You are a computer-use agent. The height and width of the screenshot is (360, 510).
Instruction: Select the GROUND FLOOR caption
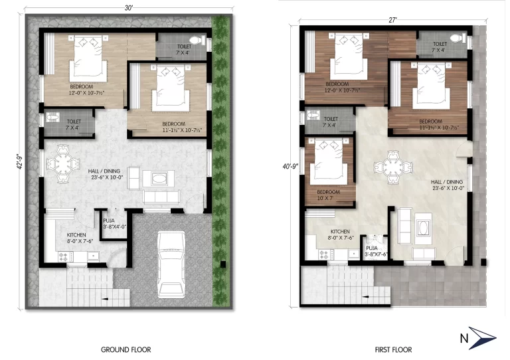[x=126, y=349]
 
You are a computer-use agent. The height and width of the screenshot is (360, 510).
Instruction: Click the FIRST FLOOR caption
[x=393, y=349]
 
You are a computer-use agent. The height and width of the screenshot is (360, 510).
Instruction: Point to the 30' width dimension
[x=129, y=7]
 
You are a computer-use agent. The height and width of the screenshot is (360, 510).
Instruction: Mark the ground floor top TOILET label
[x=183, y=48]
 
